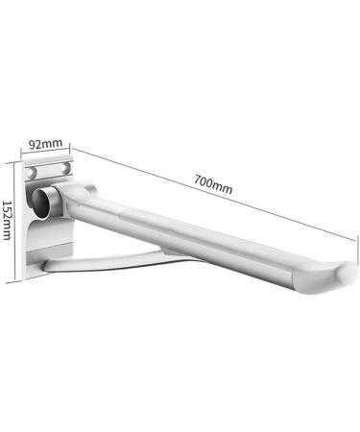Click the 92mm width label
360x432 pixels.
pos(46,145)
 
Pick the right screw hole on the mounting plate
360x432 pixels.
pos(64,169)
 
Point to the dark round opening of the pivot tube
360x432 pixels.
pos(43,200)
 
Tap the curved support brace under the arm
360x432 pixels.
pos(106,259)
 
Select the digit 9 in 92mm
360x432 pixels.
pos(34,145)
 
